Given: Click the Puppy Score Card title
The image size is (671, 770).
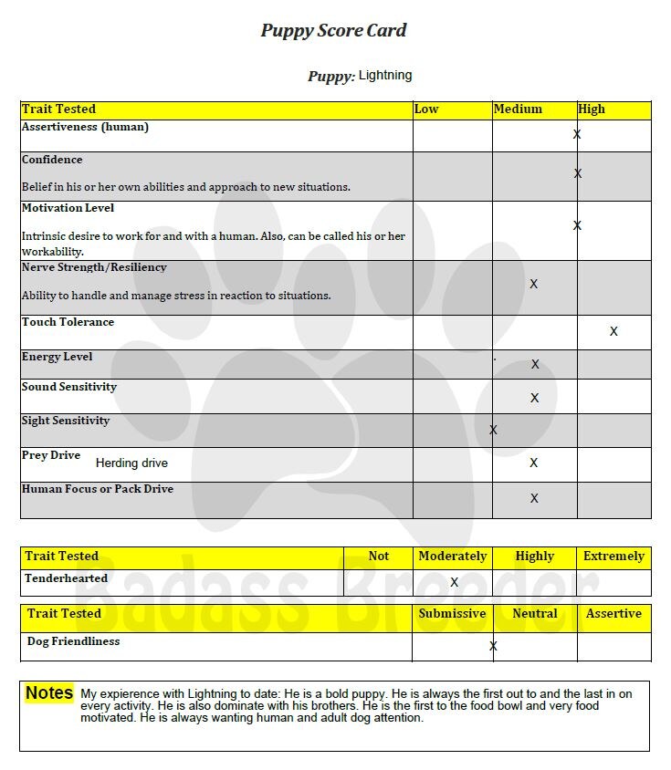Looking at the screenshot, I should [334, 30].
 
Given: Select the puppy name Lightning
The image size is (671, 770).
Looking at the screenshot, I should [385, 75].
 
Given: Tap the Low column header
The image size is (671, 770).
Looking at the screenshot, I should [426, 109].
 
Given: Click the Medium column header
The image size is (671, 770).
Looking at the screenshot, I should [518, 109].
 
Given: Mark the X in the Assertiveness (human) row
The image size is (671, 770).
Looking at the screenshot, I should [577, 134].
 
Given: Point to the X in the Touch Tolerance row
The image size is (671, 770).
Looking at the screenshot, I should [613, 331].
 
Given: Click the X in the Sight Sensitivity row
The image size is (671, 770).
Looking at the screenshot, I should [493, 430].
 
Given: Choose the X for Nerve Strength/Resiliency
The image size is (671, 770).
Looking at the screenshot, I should [534, 284].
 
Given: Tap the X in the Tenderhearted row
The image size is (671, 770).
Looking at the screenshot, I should [454, 582].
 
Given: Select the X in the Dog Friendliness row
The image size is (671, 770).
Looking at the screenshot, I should [493, 646].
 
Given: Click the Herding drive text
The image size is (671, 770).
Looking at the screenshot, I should [131, 463].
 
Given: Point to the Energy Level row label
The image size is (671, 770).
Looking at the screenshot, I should [57, 357].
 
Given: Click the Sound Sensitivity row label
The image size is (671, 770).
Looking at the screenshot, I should [69, 387].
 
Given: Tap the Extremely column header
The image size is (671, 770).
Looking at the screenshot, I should [614, 556].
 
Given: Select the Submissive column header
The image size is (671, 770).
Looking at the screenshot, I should [452, 613].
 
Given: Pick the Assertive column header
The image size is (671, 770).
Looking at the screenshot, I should [613, 613].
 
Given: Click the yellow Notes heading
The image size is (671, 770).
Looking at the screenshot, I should [49, 693].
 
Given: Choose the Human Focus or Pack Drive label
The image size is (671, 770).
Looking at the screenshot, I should [98, 489].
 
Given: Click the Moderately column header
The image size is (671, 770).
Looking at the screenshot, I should [452, 556].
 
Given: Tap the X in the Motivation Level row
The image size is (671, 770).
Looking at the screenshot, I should [577, 225].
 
